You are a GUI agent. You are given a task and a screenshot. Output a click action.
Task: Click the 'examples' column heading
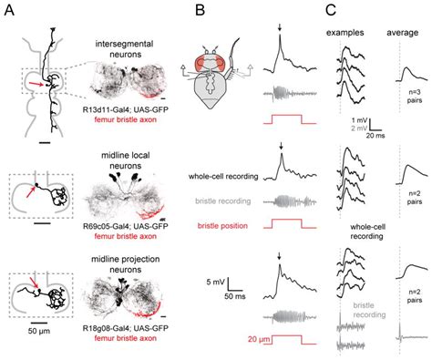pos(352,32)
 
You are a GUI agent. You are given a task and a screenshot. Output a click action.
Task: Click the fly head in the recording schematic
pos(223,69)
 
